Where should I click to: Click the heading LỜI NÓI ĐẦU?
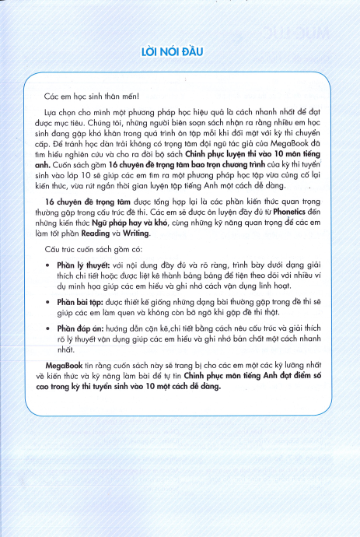(180, 52)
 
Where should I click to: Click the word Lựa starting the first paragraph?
(51, 113)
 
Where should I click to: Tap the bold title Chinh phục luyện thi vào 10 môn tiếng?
(248, 154)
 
